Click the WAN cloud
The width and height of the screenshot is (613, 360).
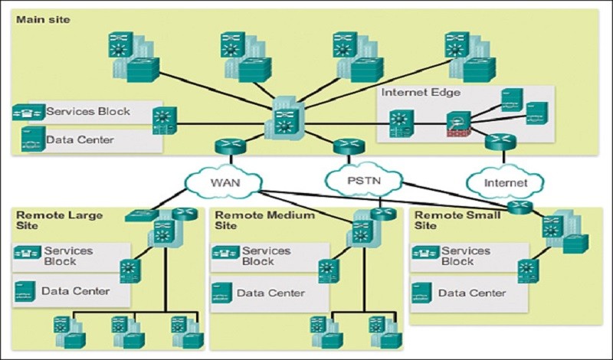coord(224,182)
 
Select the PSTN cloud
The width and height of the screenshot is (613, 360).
coord(363,180)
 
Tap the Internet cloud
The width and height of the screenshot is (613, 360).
coord(505,182)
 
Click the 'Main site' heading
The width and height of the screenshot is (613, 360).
coord(43,20)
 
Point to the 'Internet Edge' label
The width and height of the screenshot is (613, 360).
coord(421,93)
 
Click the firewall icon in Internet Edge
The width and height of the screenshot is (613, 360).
coord(459,124)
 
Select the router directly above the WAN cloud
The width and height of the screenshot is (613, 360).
coord(231,146)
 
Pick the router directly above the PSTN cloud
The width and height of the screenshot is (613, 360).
coord(349,146)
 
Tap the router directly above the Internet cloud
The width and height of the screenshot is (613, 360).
coord(500,142)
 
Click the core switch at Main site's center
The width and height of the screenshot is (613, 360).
coord(284,119)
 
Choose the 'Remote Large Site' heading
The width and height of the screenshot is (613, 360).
coord(60,220)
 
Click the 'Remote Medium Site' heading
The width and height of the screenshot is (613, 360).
coord(264,220)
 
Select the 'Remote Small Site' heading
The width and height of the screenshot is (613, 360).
coord(457,220)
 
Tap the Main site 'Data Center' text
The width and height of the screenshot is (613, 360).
coord(80,139)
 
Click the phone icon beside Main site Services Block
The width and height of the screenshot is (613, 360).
coord(28,112)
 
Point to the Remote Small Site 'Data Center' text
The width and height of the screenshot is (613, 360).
coord(472,293)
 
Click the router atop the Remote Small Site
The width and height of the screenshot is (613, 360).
coord(520,207)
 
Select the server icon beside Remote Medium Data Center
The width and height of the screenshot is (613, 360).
coord(222,293)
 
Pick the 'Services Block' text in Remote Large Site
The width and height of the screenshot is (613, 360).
coord(68,256)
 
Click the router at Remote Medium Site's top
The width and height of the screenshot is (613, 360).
coord(383,214)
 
